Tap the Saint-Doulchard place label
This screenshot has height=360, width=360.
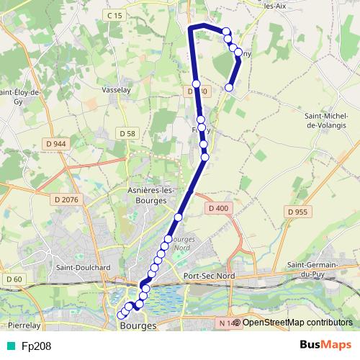tap(81, 267)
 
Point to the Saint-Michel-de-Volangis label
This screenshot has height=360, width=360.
tap(333, 120)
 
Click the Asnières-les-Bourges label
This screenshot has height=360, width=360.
tap(147, 194)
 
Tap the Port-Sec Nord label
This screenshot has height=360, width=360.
tap(209, 276)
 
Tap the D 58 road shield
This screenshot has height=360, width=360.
tap(127, 133)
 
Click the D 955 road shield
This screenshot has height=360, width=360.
tap(297, 212)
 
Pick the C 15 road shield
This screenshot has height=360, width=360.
tap(114, 15)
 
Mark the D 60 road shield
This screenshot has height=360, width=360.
tap(12, 279)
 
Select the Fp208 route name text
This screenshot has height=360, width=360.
tap(36, 346)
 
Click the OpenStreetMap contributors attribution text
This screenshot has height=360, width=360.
tap(297, 323)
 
